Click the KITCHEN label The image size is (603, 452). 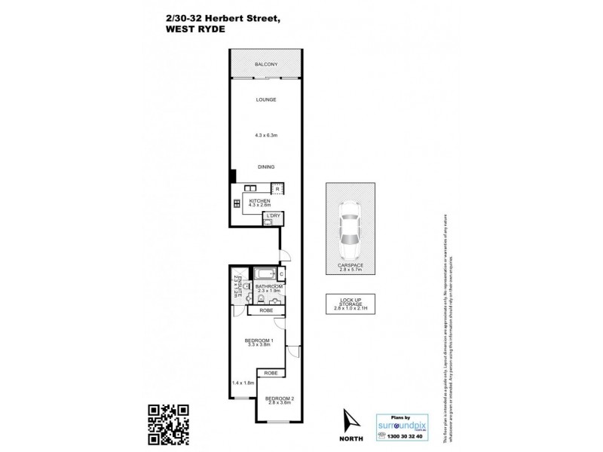coord(259,201)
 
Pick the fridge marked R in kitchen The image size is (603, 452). coord(277,188)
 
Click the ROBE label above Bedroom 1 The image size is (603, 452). coord(265,310)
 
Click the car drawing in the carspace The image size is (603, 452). coord(350,230)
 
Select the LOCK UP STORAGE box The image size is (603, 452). coord(350,304)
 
